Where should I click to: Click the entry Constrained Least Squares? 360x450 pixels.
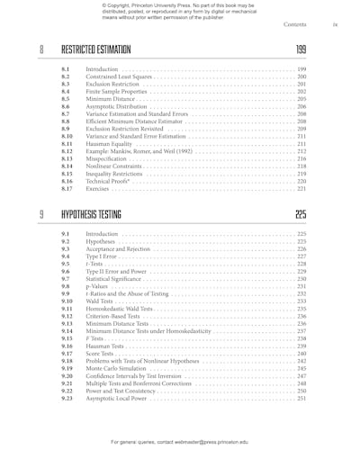tap(119, 77)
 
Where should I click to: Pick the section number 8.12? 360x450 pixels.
tap(67, 152)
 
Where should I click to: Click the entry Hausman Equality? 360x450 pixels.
tap(107, 144)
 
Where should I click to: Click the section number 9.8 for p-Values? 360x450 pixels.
tap(65, 286)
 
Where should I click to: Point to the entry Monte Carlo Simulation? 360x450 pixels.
tap(118, 368)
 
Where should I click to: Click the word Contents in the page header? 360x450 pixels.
tap(296, 25)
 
